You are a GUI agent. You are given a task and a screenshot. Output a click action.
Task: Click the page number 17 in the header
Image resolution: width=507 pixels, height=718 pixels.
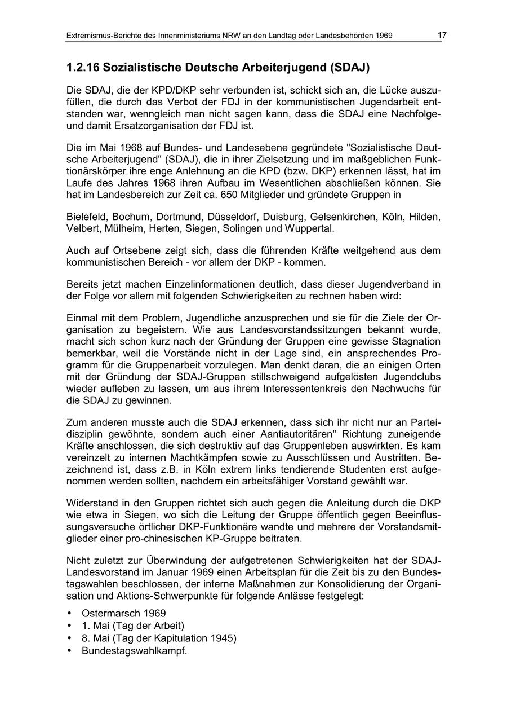(x=442, y=36)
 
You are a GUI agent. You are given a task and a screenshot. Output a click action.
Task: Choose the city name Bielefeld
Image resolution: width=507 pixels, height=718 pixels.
(x=87, y=217)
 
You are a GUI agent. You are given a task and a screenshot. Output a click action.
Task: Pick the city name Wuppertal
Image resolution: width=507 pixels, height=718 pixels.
(x=311, y=228)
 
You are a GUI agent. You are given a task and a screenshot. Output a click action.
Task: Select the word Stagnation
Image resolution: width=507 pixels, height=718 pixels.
(x=413, y=342)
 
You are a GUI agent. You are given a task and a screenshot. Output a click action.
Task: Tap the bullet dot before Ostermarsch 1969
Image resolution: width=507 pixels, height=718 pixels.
(x=69, y=613)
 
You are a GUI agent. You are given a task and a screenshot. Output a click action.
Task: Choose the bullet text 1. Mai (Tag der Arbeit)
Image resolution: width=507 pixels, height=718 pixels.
(x=133, y=626)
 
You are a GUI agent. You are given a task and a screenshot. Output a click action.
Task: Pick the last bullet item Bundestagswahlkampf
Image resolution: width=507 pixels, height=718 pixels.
(x=134, y=650)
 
